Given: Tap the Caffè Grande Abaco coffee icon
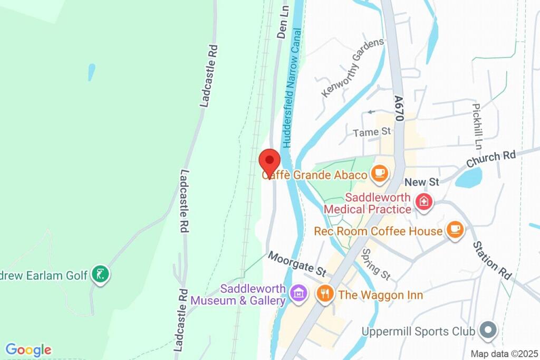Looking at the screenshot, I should coord(379,173).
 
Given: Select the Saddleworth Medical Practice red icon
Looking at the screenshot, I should coord(423,202).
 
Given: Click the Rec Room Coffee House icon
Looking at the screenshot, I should coord(455,230).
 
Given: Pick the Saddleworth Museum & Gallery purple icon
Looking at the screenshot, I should coord(299,293).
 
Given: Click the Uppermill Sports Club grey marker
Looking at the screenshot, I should coord(488,330).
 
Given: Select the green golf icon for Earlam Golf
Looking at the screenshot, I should coord(100,274).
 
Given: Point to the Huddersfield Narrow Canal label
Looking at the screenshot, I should coord(293,88).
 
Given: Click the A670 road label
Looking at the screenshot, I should coord(400,108).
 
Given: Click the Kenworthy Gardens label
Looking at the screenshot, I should coord(352,68).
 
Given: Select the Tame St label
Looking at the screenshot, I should coord(372,131).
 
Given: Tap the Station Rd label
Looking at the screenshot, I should coord(492,260).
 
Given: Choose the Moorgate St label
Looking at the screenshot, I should coord(297,264).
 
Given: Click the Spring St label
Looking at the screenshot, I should coord(375,264).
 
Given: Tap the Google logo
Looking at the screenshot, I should coord(28,349).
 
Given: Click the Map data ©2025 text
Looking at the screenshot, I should coord(504,353).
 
